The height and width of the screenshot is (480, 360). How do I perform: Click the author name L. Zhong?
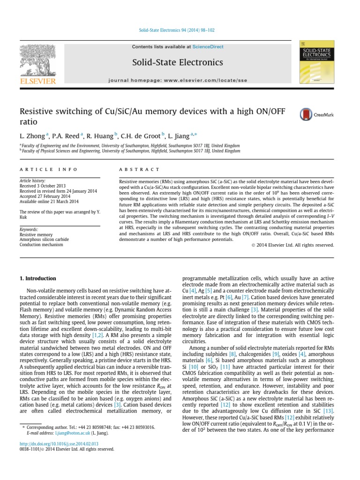(x=32, y=136)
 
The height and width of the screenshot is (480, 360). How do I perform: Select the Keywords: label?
(x=29, y=230)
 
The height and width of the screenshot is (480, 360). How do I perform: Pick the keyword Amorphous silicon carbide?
(x=44, y=240)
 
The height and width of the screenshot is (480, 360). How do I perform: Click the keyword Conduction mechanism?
(x=42, y=245)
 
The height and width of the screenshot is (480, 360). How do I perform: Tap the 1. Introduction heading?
(x=37, y=278)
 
